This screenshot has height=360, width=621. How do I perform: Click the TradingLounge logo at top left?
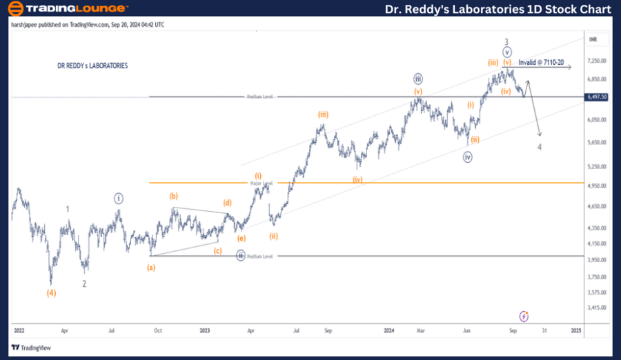68,9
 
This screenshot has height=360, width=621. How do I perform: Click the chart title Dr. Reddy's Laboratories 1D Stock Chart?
497,9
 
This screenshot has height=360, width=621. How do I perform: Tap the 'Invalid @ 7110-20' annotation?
542,63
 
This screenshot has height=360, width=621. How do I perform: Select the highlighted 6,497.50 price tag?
595,97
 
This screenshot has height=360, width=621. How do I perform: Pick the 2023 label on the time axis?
205,331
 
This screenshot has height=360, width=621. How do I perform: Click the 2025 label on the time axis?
576,331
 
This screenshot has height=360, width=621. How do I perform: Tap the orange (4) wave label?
52,292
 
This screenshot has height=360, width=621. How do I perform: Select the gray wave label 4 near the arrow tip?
540,147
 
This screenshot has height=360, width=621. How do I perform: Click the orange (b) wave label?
175,197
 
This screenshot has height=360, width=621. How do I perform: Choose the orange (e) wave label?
241,238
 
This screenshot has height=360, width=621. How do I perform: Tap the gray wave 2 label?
84,283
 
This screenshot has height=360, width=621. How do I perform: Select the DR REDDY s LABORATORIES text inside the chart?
92,66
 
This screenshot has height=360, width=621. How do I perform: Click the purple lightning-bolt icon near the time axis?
524,316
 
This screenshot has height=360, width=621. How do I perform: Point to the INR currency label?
593,40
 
